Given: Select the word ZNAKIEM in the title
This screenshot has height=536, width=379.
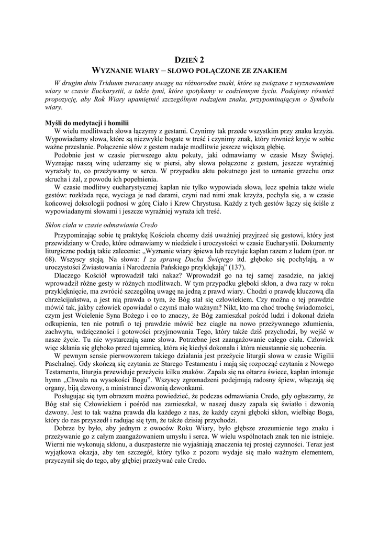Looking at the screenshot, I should point(265,70).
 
